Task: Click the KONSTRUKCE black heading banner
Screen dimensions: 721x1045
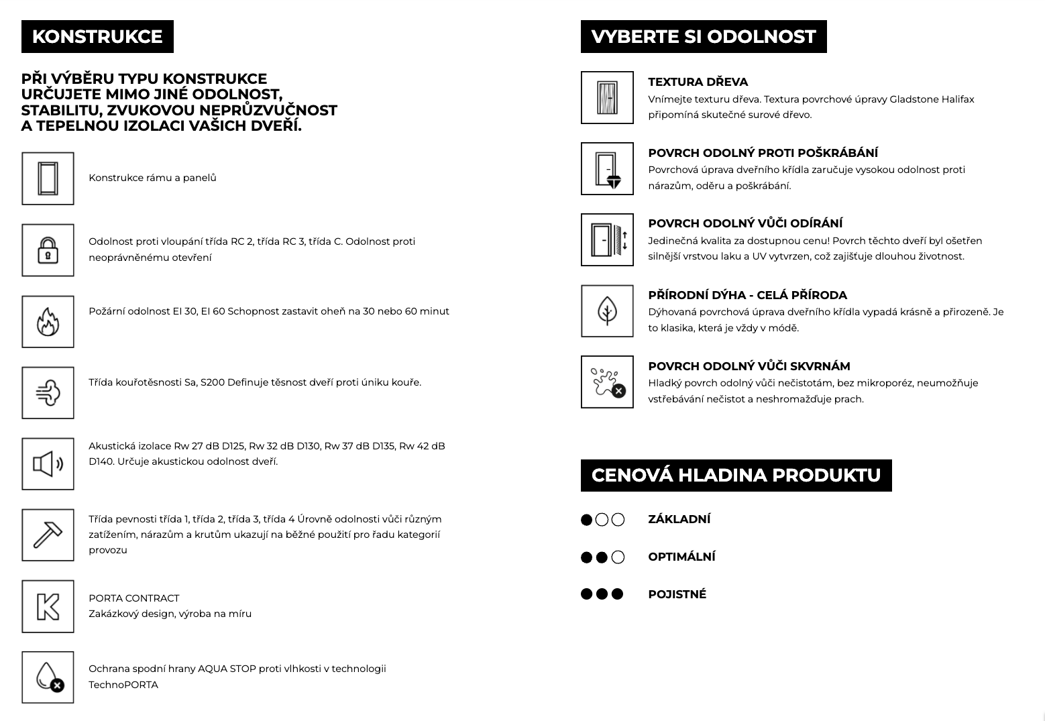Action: coord(97,37)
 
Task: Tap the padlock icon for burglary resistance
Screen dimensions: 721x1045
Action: coord(48,250)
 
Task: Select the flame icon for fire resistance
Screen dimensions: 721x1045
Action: coord(48,321)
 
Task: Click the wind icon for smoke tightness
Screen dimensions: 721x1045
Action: coord(48,392)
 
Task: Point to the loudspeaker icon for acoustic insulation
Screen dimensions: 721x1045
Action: coord(48,463)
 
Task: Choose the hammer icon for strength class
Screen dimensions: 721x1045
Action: coord(48,535)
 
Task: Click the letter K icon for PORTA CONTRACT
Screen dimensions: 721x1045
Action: coord(48,606)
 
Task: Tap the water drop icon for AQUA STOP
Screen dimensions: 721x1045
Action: coord(48,677)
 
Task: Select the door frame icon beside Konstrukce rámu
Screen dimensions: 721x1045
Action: coord(48,178)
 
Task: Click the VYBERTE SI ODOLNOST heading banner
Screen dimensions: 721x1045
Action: coord(704,37)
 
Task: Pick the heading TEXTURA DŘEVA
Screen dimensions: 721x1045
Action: coord(698,82)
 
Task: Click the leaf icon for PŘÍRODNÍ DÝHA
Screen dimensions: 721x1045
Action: coord(607,311)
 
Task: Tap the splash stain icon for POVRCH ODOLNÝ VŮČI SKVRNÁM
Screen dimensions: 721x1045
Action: coord(607,382)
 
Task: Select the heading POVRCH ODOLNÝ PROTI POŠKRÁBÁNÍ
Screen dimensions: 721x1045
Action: coord(763,153)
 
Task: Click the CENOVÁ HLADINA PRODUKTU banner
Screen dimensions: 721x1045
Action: coord(736,476)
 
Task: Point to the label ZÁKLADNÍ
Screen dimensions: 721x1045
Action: coord(679,519)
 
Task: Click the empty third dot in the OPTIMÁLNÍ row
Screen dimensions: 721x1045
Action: coord(618,557)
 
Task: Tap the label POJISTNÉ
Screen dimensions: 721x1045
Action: coord(677,594)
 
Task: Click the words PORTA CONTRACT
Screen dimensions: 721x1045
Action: coord(134,598)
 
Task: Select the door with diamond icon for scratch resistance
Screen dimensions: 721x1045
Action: coord(607,169)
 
